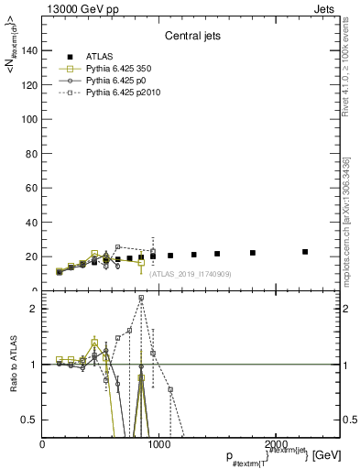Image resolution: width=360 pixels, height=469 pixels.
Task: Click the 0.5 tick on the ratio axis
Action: (29, 420)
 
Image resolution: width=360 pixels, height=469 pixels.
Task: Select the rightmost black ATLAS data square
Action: (305, 252)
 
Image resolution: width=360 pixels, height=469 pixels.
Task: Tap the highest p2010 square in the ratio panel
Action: (142, 298)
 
